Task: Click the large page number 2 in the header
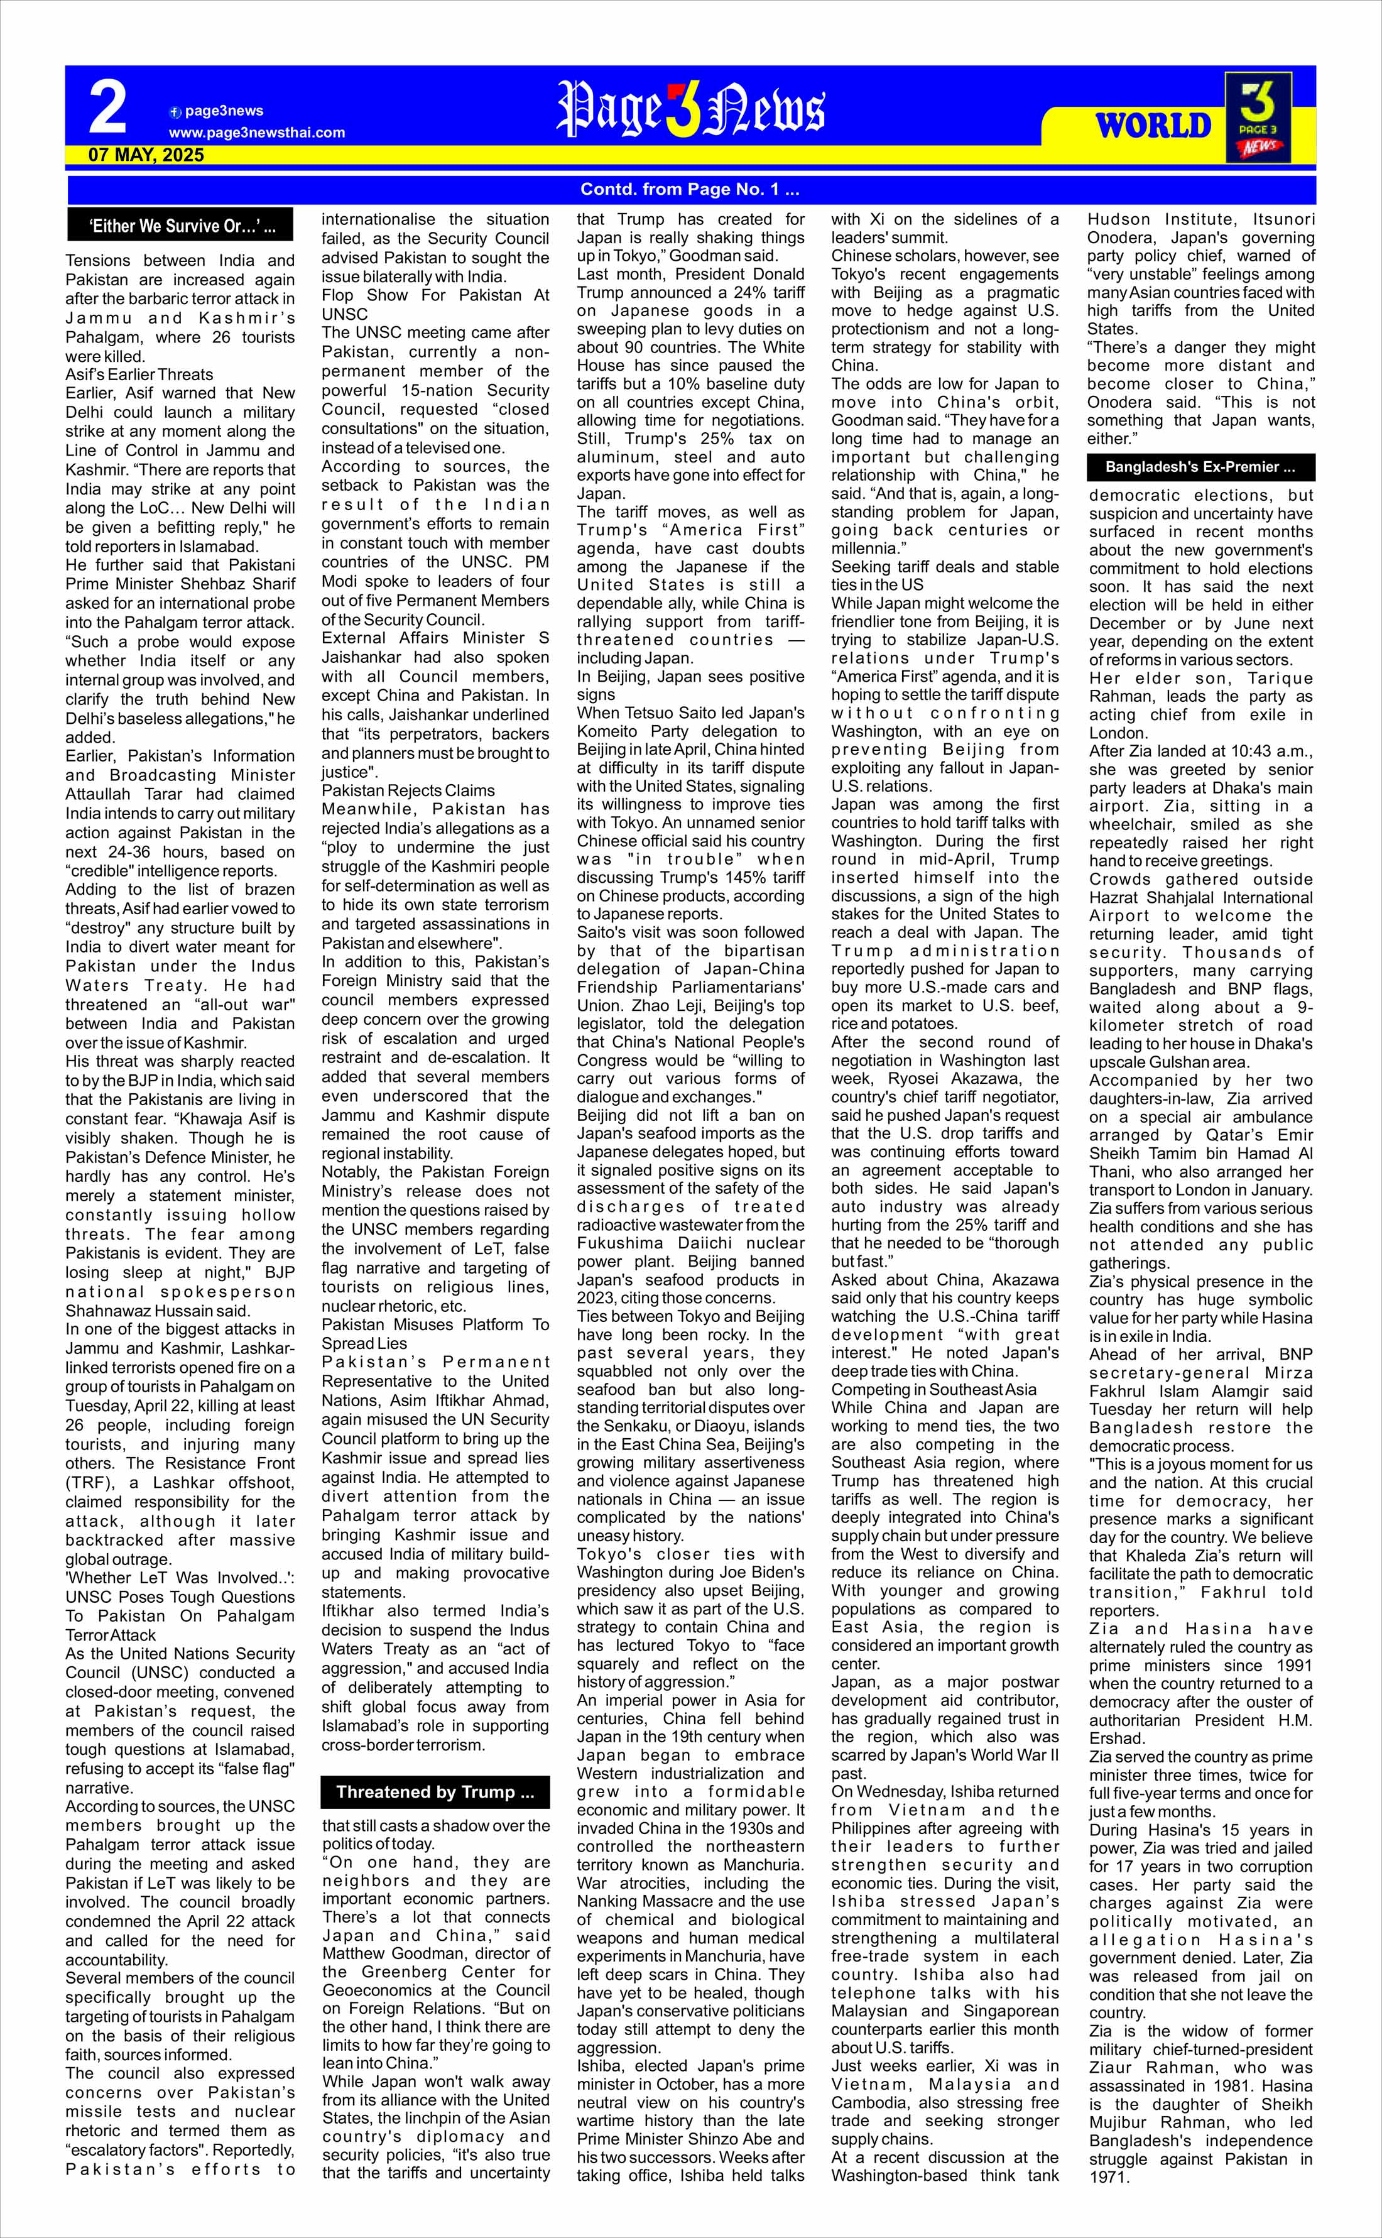pyautogui.click(x=108, y=108)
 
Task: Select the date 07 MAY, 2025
pyautogui.click(x=146, y=155)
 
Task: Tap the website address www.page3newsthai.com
pyautogui.click(x=257, y=133)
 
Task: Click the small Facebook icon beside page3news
pyautogui.click(x=175, y=112)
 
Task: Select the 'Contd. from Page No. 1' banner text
pyautogui.click(x=690, y=190)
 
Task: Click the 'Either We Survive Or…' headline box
pyautogui.click(x=182, y=226)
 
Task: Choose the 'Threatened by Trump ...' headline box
pyautogui.click(x=435, y=1792)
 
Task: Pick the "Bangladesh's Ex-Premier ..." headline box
pyautogui.click(x=1200, y=467)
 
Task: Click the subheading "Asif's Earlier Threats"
pyautogui.click(x=139, y=375)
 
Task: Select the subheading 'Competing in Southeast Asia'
pyautogui.click(x=934, y=1390)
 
